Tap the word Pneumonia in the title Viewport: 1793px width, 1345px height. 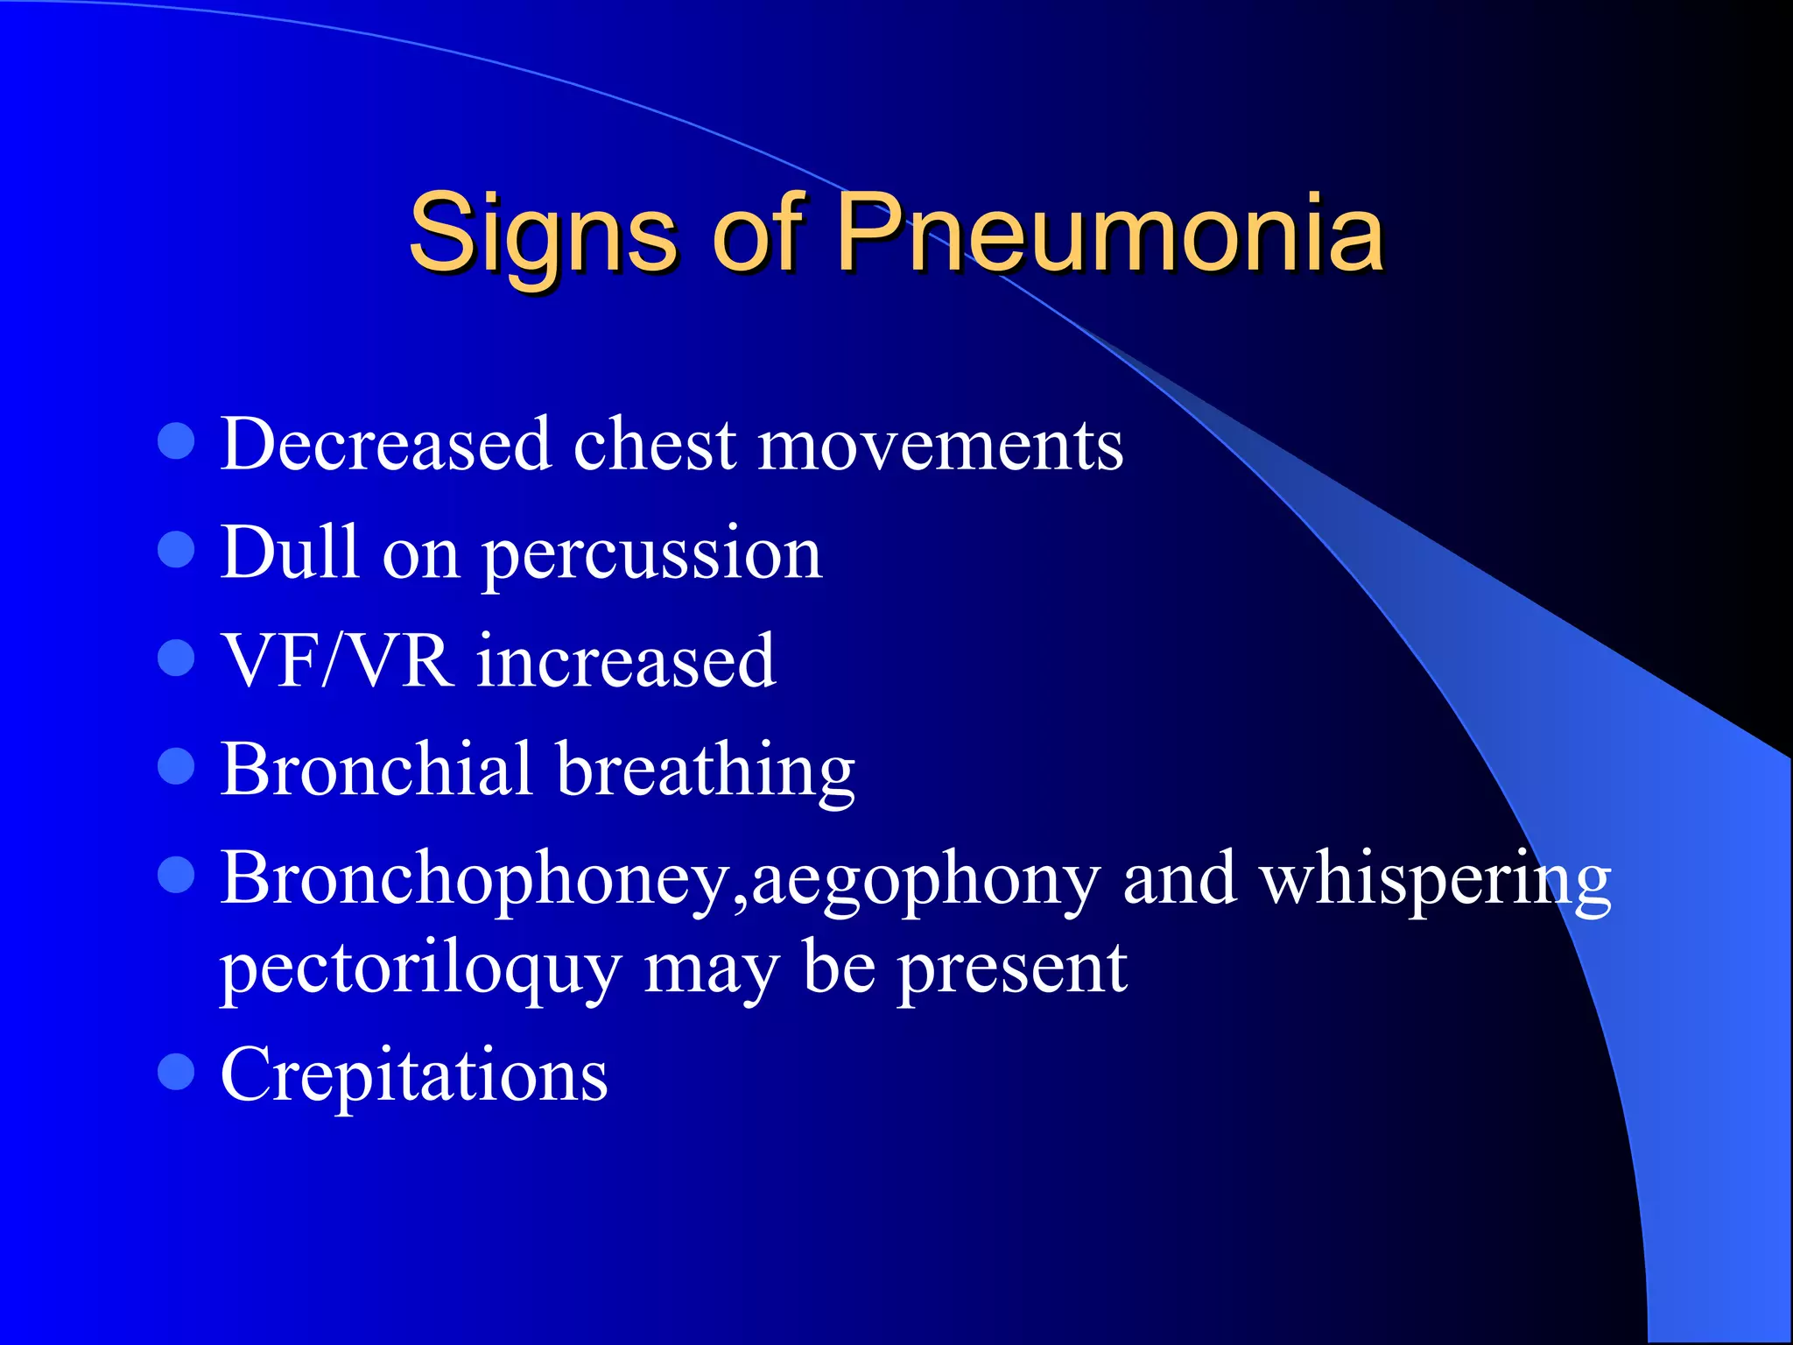click(1109, 233)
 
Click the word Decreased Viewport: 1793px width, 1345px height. click(385, 445)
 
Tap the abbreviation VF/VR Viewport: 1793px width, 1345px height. click(337, 660)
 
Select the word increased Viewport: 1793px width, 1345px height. click(626, 660)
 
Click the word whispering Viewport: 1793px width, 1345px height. click(1435, 880)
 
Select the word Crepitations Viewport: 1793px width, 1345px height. click(414, 1074)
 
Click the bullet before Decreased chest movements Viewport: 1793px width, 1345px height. click(176, 441)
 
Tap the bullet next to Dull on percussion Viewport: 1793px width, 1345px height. click(176, 550)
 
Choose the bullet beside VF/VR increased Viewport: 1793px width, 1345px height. click(176, 658)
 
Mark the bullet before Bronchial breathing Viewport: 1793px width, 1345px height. click(176, 766)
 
